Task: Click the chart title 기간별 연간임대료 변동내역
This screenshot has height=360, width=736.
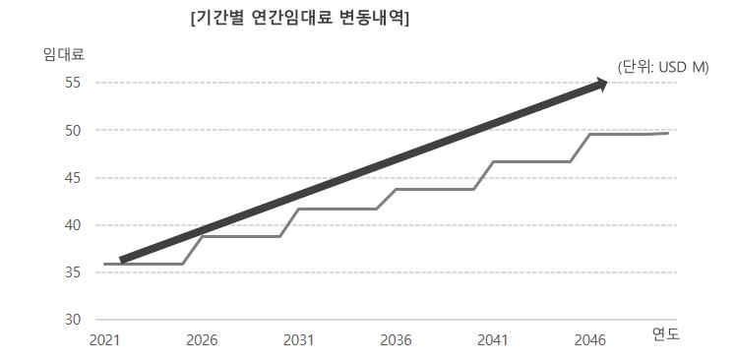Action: pos(300,19)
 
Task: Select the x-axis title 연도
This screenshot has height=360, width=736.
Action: pos(666,334)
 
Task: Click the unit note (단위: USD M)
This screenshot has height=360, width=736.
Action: pos(662,67)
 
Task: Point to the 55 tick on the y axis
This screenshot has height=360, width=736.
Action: pos(73,83)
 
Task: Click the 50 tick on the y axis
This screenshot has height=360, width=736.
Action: pos(73,130)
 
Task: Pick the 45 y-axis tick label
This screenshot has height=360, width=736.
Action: pos(73,178)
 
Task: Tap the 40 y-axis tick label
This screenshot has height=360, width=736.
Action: pos(73,225)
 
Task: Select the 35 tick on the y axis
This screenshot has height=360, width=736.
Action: pos(73,272)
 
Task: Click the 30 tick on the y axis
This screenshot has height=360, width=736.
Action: pos(73,320)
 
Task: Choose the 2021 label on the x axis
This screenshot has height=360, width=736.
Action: pos(104,339)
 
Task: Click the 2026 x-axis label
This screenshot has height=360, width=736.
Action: pos(202,339)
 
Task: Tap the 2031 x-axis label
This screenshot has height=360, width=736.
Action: pos(298,339)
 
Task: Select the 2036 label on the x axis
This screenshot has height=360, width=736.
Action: pos(396,339)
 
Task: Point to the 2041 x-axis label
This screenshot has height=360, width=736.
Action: pos(492,339)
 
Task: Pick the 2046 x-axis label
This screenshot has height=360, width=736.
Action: pos(589,339)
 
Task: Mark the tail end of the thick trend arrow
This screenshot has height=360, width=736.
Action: pos(122,260)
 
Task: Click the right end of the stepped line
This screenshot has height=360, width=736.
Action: pos(668,133)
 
